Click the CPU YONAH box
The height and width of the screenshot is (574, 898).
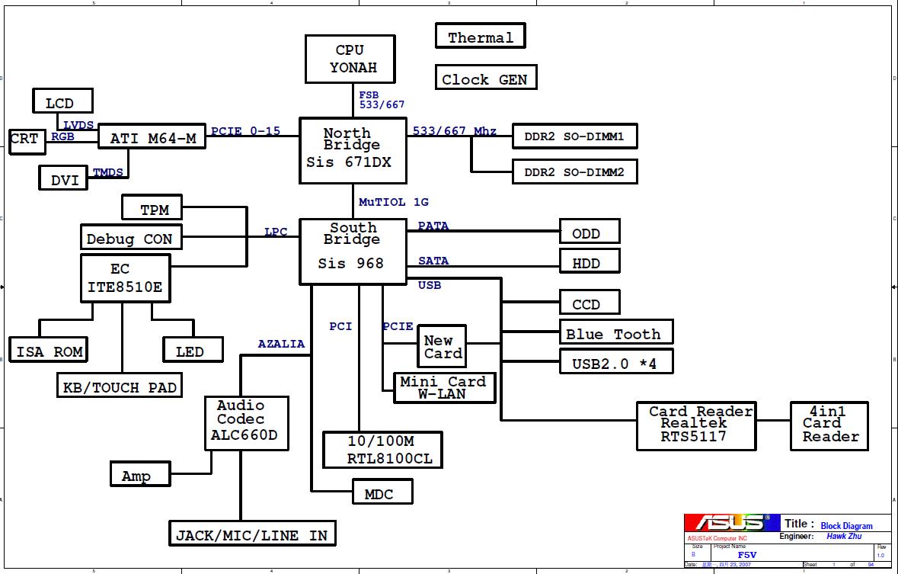(351, 59)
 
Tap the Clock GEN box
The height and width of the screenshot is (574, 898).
(484, 79)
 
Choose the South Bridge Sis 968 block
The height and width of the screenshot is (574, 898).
(351, 252)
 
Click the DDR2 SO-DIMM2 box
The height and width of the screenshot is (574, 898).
(574, 172)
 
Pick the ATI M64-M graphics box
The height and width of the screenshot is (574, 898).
(152, 138)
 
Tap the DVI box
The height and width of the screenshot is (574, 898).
(64, 180)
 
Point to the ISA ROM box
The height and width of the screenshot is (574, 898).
(49, 351)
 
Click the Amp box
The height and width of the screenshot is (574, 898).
(137, 476)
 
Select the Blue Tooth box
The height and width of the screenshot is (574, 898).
(615, 333)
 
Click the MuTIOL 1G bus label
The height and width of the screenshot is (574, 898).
(394, 202)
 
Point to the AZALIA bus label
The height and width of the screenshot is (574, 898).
(281, 344)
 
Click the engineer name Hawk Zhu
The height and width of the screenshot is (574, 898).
(843, 536)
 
